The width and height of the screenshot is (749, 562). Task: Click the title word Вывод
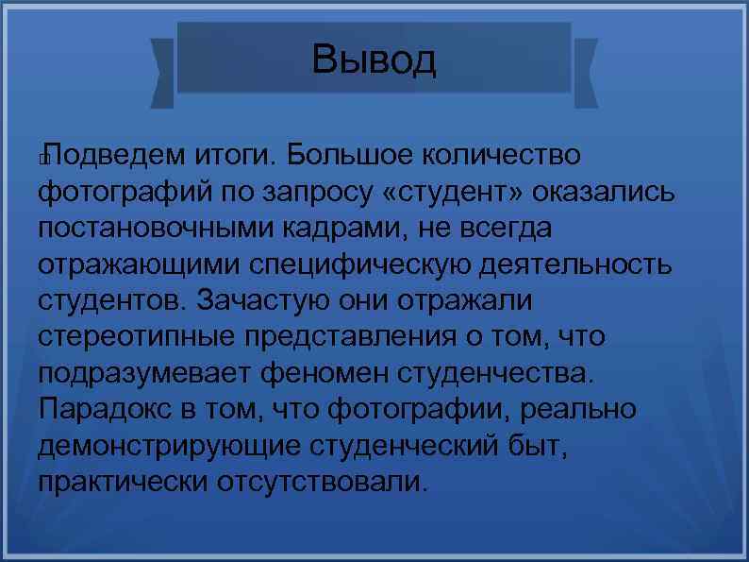(x=374, y=60)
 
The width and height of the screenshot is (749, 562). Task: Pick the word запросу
(x=302, y=192)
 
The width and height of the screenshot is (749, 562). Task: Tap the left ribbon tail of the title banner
(x=162, y=70)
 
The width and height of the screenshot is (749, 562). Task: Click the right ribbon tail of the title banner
(x=586, y=70)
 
